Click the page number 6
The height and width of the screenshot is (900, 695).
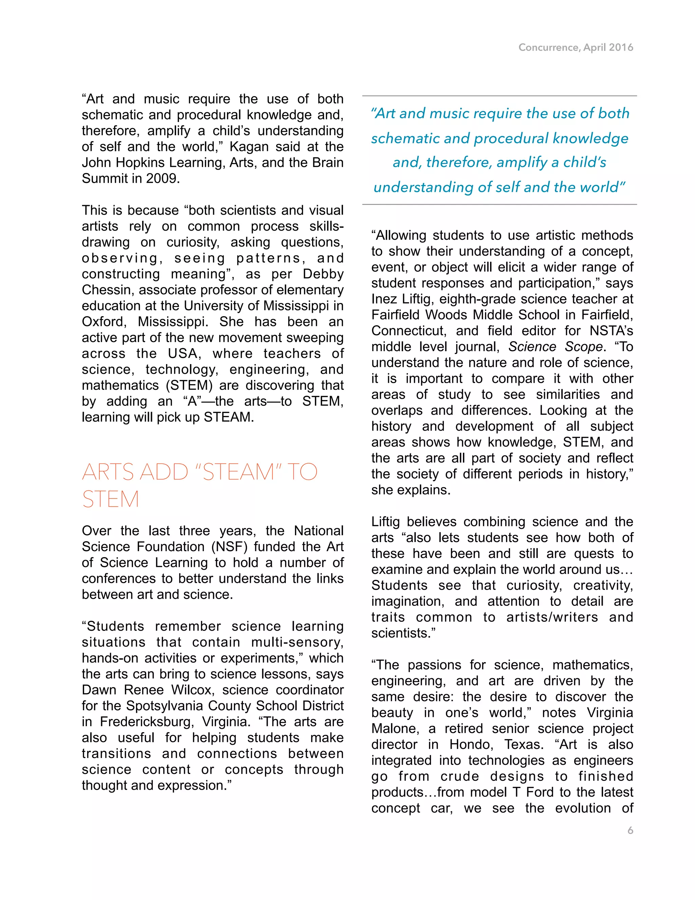pos(630,830)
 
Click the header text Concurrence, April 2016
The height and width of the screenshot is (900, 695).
pos(576,48)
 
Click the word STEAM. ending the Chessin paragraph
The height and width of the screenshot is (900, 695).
pos(228,417)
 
